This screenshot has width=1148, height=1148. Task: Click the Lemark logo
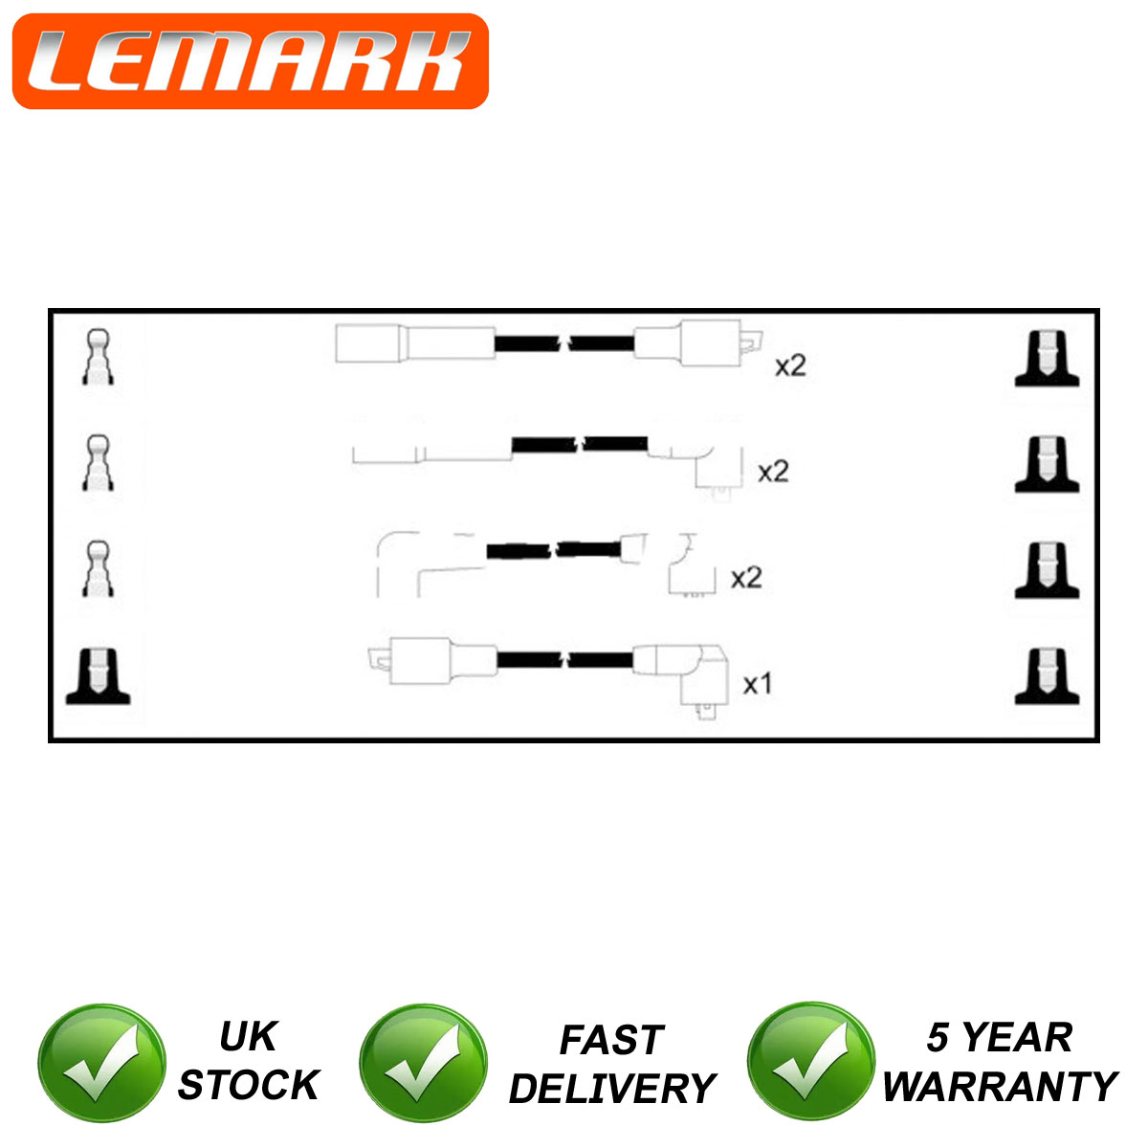pos(251,61)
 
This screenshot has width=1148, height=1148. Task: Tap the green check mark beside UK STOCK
pos(101,1063)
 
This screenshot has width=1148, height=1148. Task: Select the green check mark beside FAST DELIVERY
pos(424,1063)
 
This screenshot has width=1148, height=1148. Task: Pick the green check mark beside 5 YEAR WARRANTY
pos(811,1062)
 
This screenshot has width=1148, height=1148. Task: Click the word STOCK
pos(249,1084)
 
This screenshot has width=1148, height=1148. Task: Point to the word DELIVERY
pos(612,1089)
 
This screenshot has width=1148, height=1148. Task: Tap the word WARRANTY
pos(1001,1087)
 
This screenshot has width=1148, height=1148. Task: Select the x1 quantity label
pos(757,684)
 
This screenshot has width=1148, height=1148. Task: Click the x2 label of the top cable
pos(790,365)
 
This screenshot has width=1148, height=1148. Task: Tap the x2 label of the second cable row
pos(773,472)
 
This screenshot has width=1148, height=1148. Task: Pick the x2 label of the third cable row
pos(746,578)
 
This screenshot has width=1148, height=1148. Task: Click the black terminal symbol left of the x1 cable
pos(98,676)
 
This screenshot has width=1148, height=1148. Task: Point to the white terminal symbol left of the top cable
pos(98,357)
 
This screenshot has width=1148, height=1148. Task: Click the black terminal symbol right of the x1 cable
pos(1047,676)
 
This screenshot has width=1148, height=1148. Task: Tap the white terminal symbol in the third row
pos(98,569)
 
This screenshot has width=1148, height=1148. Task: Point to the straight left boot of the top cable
pos(415,343)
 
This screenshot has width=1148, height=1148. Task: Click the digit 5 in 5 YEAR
pos(938,1037)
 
